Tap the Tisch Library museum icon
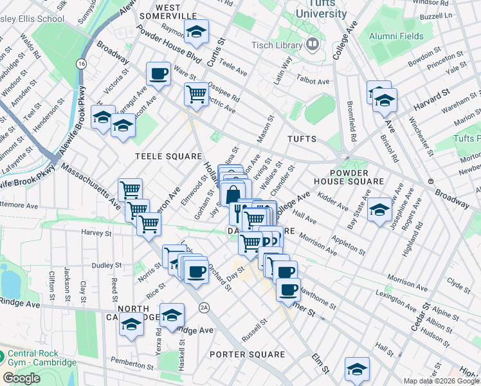(x=313, y=44)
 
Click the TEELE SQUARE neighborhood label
(x=159, y=156)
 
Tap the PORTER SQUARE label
(x=247, y=354)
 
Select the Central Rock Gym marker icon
(x=2, y=354)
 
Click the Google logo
(x=21, y=378)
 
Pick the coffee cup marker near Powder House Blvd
(x=158, y=73)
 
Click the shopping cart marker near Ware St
(x=195, y=94)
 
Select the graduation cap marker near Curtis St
(x=196, y=31)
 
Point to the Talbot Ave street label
(x=313, y=82)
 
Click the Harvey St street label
(x=97, y=232)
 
